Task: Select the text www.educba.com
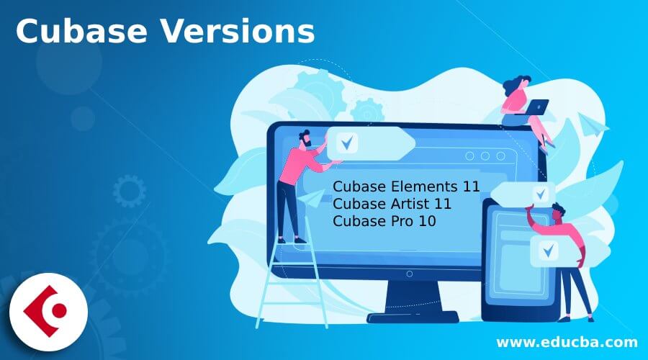coord(567,341)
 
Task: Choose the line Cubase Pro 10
coord(384,220)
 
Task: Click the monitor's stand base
coord(410,315)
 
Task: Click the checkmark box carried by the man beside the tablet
coord(549,250)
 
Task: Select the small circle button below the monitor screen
coord(409,273)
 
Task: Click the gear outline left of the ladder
coord(130,191)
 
